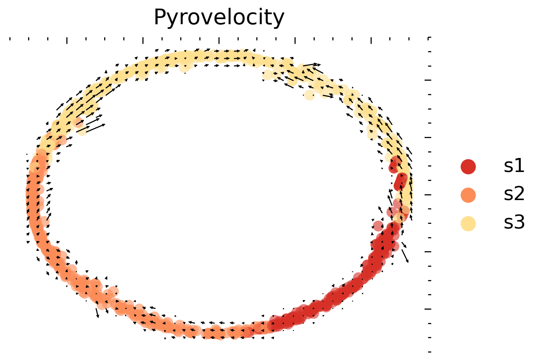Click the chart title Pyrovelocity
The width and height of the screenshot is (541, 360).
pos(219,18)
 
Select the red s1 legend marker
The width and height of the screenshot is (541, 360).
pos(468,167)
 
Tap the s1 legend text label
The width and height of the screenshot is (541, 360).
pos(514,167)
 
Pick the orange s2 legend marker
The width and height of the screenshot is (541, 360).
pos(468,195)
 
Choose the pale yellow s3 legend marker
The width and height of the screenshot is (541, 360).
pos(468,223)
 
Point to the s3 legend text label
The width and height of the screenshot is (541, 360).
pos(514,223)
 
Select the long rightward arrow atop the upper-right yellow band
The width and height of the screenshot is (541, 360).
pos(312,65)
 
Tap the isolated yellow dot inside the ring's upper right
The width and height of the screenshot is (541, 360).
pos(309,94)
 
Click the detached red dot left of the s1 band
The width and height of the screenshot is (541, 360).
pos(378,226)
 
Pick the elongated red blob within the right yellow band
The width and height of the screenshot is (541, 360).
pos(400,181)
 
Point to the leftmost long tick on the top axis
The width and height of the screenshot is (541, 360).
pos(67,40)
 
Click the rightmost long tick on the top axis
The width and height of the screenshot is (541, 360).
pos(371,40)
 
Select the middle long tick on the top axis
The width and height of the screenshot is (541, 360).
pos(219,40)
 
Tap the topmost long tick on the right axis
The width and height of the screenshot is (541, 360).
pos(428,80)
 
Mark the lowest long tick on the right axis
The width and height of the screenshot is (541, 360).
pos(428,309)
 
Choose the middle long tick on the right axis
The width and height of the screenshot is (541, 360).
pos(428,194)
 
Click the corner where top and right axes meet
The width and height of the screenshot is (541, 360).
pos(429,38)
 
